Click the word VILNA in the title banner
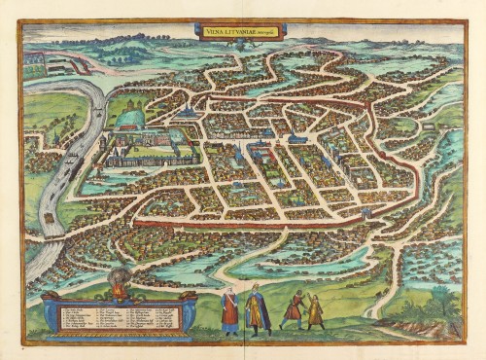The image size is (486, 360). (x=216, y=32)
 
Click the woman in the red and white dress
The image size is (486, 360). (x=229, y=309)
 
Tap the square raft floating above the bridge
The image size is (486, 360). (x=47, y=217)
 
